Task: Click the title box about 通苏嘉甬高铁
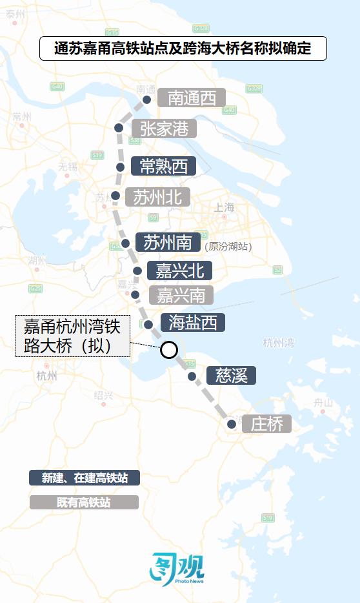[183, 48]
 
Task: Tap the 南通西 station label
[192, 98]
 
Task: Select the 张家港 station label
[164, 128]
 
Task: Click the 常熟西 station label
[163, 167]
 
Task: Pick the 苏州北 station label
[157, 197]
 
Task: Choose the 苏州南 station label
[168, 243]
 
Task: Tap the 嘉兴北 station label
[175, 270]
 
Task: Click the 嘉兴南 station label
[181, 295]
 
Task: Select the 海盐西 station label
[192, 322]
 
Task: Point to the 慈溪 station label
[231, 375]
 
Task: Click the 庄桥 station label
[266, 424]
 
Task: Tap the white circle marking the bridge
[168, 350]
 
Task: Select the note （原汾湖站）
[228, 247]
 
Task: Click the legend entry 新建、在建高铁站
[84, 478]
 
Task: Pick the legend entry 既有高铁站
[84, 502]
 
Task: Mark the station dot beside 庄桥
[232, 424]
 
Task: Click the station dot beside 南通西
[147, 99]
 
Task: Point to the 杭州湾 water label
[279, 342]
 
